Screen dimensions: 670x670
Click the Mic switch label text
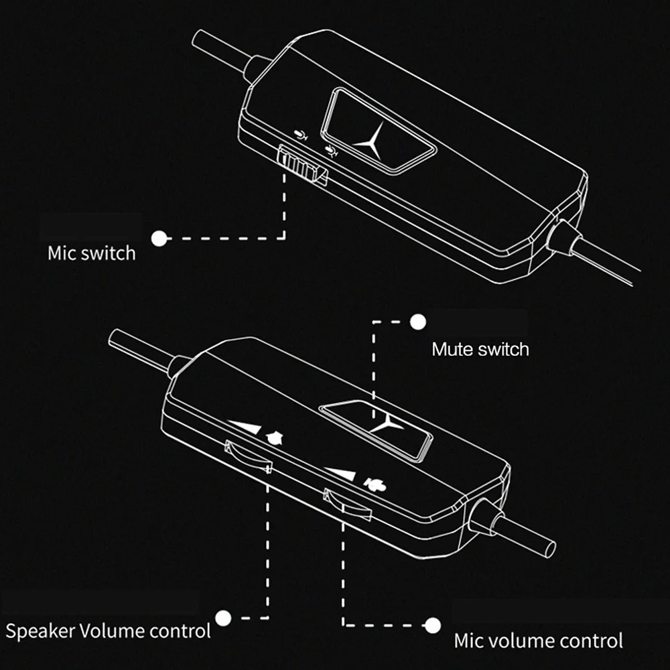tap(91, 253)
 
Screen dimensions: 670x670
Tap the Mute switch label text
tap(480, 349)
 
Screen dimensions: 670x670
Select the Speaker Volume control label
tap(108, 631)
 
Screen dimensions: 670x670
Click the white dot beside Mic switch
tap(159, 239)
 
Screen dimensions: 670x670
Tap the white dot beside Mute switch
tap(418, 322)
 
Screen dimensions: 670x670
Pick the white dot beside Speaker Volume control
tap(223, 618)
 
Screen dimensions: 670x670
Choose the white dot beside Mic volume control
tap(432, 626)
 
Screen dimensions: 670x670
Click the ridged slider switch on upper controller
tap(303, 165)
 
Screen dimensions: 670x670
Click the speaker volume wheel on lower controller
tap(249, 457)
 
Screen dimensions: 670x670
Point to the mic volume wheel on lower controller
tap(347, 505)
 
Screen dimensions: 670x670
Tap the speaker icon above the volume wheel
tap(275, 438)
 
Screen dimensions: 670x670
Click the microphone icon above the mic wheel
tap(375, 485)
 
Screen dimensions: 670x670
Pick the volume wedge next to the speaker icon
tap(247, 426)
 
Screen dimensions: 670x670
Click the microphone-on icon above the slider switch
tap(301, 135)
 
